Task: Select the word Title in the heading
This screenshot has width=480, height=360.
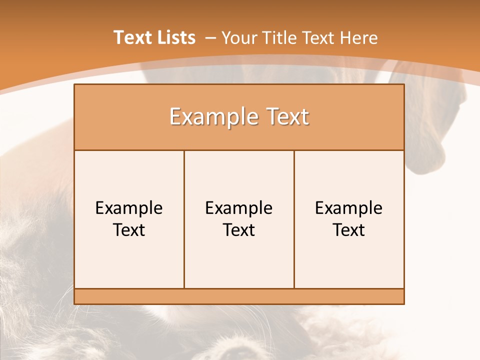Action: click(x=277, y=37)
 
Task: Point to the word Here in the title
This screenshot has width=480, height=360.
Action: click(x=358, y=37)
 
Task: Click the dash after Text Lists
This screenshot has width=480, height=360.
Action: click(x=210, y=38)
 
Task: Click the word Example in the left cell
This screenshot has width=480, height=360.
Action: click(x=129, y=208)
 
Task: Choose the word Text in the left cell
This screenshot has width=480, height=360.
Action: click(x=129, y=230)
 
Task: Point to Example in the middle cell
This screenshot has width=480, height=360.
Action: click(x=239, y=208)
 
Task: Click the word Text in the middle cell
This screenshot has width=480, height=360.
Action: click(x=239, y=230)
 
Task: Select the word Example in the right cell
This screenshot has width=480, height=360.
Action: click(x=349, y=208)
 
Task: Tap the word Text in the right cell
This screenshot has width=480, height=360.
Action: click(x=349, y=230)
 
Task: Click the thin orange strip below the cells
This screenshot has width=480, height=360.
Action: click(x=239, y=296)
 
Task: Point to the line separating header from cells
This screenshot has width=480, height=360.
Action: click(x=239, y=150)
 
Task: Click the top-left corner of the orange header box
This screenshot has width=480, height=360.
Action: click(x=75, y=85)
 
